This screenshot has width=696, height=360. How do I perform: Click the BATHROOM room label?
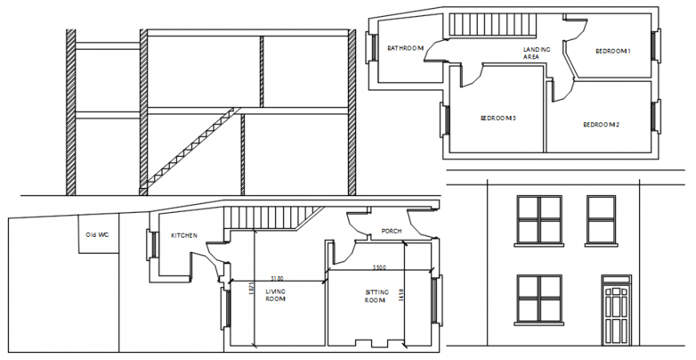pos(405,49)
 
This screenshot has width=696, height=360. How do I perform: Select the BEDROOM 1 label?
pos(613,52)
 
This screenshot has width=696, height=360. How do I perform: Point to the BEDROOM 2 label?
pos(602,125)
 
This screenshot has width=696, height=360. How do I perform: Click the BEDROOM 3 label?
pos(498,118)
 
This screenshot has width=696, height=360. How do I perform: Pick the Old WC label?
pos(97,234)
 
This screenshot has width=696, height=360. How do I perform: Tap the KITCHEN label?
pos(184,236)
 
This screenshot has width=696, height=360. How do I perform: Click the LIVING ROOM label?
pos(275,295)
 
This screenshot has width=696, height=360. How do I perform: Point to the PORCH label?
pos(391,231)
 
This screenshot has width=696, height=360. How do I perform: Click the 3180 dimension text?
pos(277,278)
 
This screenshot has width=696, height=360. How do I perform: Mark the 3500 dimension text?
pos(379,267)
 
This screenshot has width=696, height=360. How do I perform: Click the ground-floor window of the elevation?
pos(539,299)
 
